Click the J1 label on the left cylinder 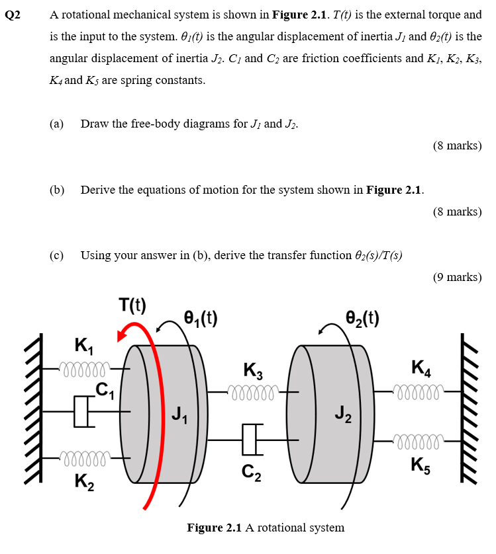click(x=179, y=415)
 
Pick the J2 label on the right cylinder click(x=342, y=415)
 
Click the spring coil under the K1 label click(x=85, y=367)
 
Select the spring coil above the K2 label click(x=85, y=456)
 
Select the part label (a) click(x=57, y=124)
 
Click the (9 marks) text click(x=457, y=277)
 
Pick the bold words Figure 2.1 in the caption click(x=215, y=528)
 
